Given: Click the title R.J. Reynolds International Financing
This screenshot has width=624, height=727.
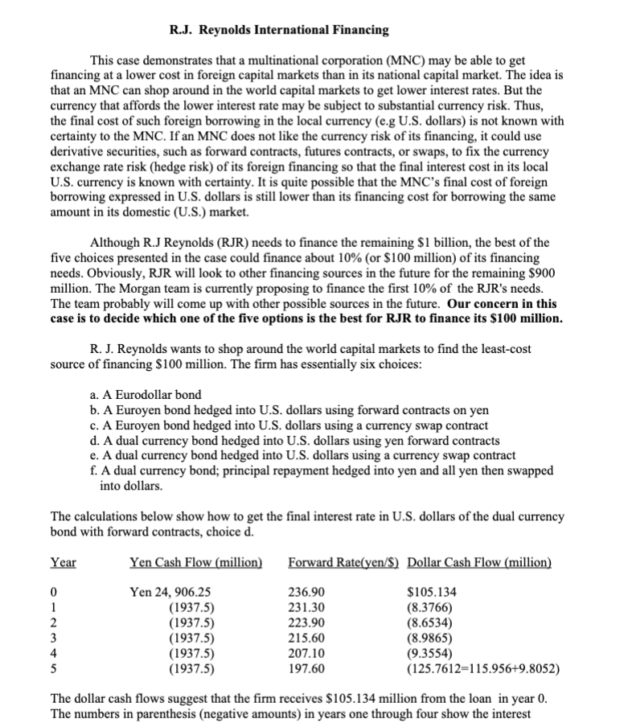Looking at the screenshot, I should (280, 31).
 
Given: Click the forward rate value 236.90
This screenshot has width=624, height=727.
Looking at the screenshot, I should (306, 593).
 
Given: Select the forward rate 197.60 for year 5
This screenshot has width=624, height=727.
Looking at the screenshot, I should (306, 667).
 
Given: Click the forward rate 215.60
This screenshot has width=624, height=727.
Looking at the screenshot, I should (306, 638).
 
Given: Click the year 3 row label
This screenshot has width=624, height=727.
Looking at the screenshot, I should (54, 638).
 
